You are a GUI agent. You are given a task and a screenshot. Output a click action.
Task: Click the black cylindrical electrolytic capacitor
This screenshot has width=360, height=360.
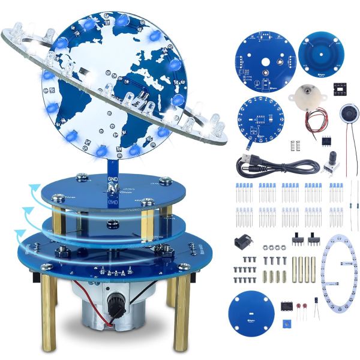click(314, 301)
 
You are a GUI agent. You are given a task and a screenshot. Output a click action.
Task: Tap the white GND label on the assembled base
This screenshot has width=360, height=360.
click(112, 179)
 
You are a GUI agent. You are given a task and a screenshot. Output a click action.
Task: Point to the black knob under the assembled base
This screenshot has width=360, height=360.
click(118, 307)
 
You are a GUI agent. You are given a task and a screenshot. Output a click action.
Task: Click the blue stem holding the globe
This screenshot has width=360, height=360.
click(111, 171)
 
